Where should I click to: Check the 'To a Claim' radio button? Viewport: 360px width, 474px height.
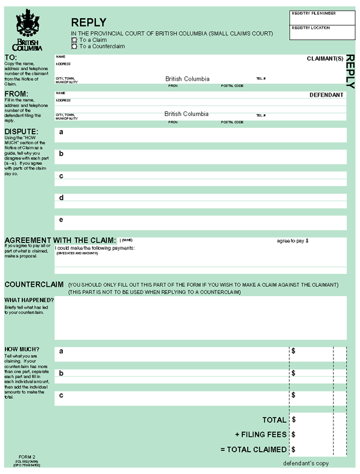75,40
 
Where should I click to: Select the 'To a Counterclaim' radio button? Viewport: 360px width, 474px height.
75,46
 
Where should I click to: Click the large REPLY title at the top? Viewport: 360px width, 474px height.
89,22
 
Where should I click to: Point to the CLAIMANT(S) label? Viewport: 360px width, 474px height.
325,59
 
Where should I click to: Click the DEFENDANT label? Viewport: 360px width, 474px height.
326,94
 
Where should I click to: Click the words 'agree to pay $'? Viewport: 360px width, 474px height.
293,241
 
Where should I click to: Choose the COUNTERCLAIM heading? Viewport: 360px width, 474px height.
34,284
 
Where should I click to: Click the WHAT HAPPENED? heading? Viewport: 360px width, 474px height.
29,300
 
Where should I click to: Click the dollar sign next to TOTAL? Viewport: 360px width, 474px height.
294,420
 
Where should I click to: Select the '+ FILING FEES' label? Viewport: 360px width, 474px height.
261,435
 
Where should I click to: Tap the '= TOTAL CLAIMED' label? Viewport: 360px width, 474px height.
254,449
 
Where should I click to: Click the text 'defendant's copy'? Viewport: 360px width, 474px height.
306,463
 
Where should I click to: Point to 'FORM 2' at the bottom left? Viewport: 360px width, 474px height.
27,457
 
